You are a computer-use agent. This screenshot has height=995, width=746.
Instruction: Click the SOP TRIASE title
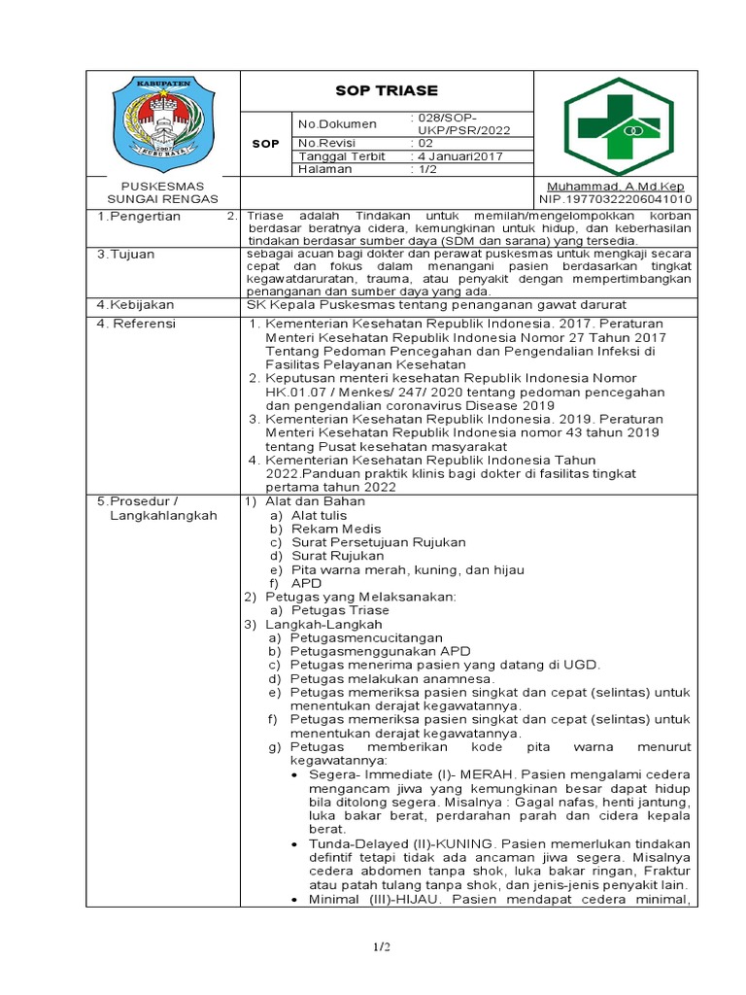pyautogui.click(x=386, y=90)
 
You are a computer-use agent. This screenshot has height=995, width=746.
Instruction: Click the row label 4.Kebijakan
pyautogui.click(x=135, y=305)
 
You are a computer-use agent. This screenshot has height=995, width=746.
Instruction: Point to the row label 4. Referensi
pyautogui.click(x=136, y=323)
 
